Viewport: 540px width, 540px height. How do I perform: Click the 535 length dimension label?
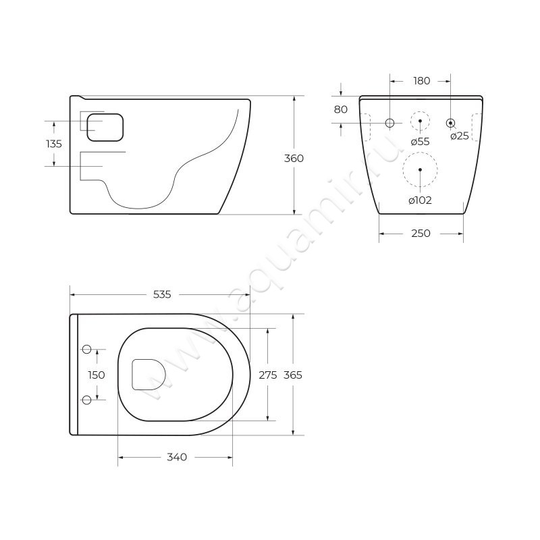[x=161, y=294]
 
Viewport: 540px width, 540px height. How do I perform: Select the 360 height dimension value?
[x=294, y=158]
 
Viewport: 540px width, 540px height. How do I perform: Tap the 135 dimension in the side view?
[x=53, y=144]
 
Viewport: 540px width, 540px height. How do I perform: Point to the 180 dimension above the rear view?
[x=421, y=81]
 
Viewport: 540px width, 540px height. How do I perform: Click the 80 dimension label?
[x=340, y=109]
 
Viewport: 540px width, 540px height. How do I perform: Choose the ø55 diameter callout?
[x=420, y=141]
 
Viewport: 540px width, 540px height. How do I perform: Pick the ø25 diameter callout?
[x=459, y=136]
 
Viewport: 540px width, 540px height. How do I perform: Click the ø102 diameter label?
[x=420, y=200]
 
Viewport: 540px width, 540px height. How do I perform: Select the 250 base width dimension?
[x=421, y=234]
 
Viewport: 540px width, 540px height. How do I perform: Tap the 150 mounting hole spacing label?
[x=97, y=375]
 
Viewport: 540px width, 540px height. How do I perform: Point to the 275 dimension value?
[x=268, y=375]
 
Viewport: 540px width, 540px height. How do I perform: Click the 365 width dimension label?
[x=294, y=375]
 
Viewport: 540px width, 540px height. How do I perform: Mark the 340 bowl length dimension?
[x=176, y=457]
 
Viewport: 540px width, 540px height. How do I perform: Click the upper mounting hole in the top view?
[x=86, y=349]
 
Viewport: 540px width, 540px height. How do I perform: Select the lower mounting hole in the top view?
[x=86, y=400]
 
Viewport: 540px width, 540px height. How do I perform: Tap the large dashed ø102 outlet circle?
[x=420, y=169]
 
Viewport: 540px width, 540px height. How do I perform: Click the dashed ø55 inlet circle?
[x=420, y=121]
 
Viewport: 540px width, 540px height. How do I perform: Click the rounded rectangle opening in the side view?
[x=107, y=127]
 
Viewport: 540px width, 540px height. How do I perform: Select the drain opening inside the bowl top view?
[x=148, y=374]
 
